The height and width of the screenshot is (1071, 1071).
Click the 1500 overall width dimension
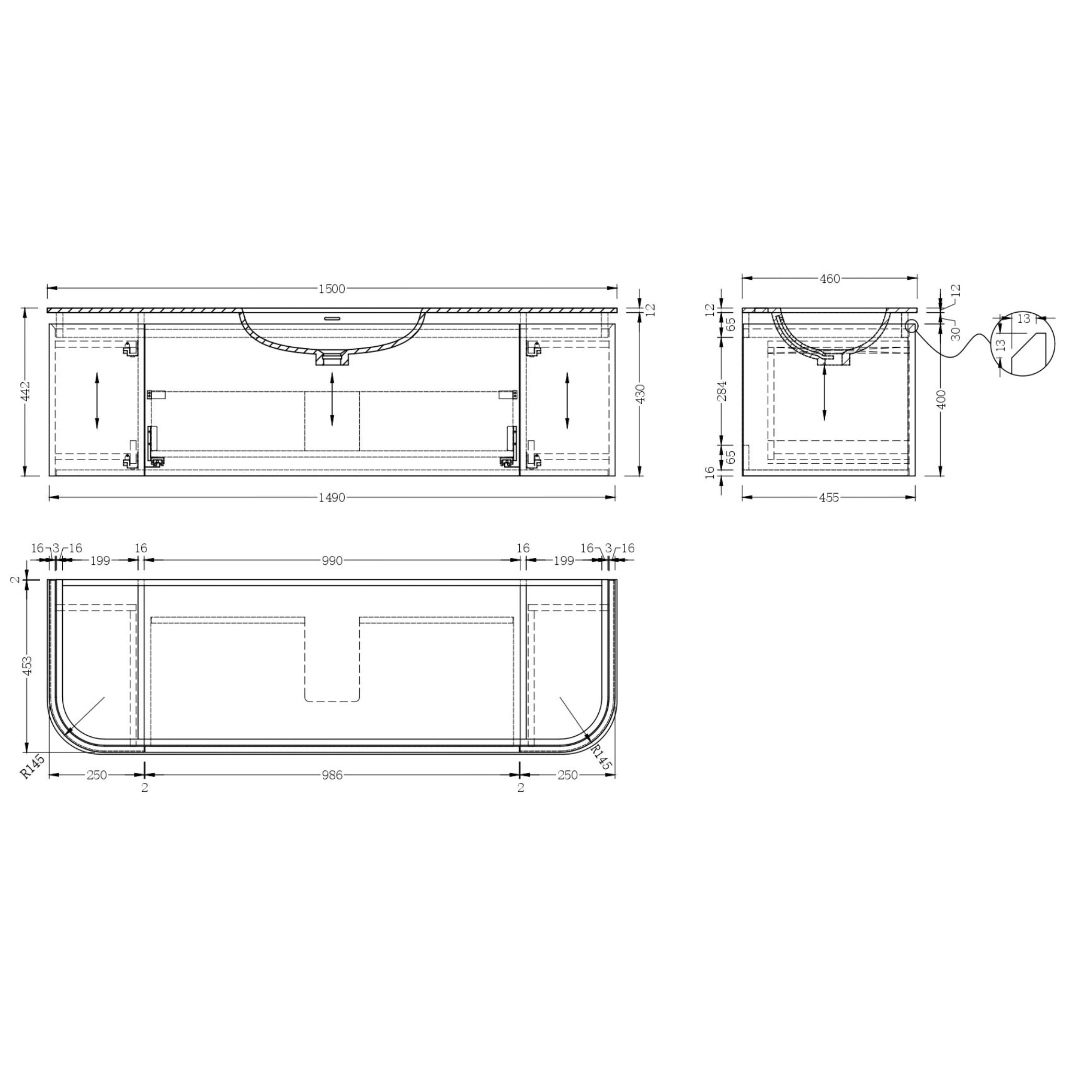pos(332,289)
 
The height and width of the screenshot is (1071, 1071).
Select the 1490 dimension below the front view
pos(332,498)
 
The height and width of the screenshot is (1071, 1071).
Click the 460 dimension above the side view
pos(830,279)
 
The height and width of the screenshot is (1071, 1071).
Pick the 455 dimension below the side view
pos(829,498)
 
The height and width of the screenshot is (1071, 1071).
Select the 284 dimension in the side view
pos(721,391)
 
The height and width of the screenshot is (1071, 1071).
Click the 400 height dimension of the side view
pos(942,399)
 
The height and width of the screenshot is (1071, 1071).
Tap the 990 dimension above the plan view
pos(332,561)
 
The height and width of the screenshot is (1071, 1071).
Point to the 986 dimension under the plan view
pos(332,776)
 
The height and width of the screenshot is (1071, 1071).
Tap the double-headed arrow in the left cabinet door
pos(97,400)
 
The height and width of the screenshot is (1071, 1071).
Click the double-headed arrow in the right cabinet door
pos(567,400)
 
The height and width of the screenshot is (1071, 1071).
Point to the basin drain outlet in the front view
pos(332,358)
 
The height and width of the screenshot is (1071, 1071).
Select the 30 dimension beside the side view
pos(955,333)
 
